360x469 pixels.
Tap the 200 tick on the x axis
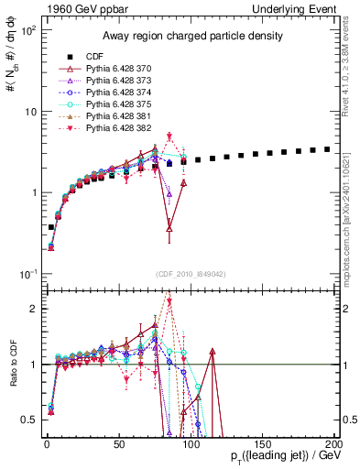point(334,442)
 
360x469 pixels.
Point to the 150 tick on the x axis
point(262,442)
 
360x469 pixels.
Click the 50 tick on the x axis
point(118,442)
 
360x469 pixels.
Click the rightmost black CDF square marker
point(327,148)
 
